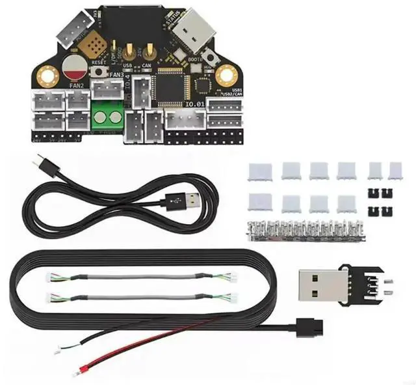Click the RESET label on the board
pyautogui.click(x=99, y=63)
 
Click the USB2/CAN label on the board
pyautogui.click(x=231, y=96)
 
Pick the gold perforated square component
pyautogui.click(x=97, y=44)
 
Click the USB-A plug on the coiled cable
pyautogui.click(x=182, y=199)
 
